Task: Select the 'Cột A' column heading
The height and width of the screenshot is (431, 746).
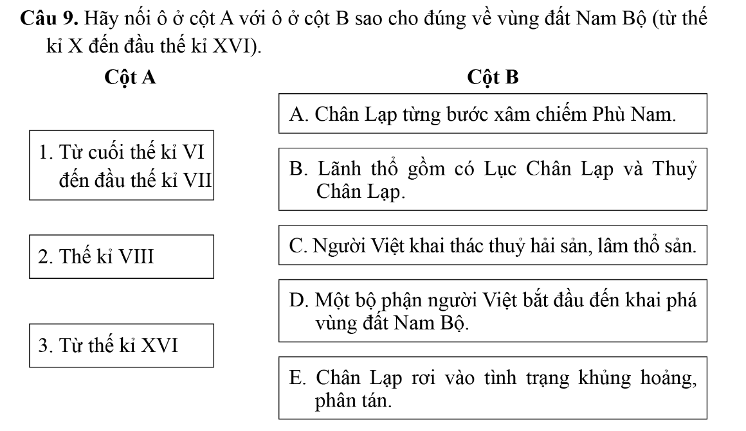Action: coord(131,78)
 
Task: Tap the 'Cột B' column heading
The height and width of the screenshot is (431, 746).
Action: coord(493,78)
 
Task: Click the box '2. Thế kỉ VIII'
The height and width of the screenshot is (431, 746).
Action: coord(122,257)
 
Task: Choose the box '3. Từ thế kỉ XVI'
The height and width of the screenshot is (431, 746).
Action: coord(122,346)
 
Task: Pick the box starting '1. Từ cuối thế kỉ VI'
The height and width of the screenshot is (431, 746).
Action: coord(122,166)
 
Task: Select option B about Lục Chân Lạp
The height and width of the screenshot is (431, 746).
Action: coord(493,179)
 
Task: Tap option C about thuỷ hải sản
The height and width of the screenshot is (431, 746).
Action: coord(493,246)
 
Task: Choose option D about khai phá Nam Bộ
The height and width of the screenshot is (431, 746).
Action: coord(493,310)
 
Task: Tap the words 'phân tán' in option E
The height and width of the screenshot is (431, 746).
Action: coord(352,401)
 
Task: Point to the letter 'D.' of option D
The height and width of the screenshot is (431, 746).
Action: coord(298,299)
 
